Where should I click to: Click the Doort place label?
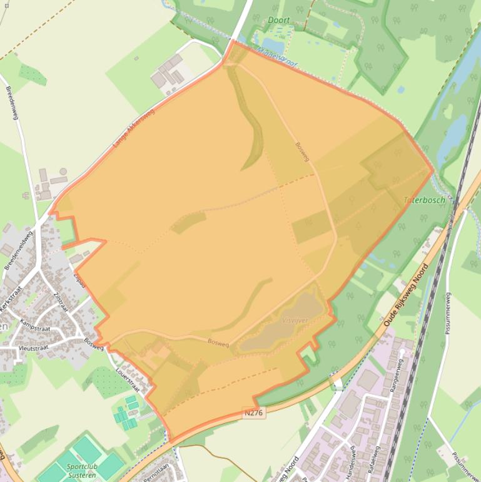[279, 20]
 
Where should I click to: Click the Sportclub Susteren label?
[80, 471]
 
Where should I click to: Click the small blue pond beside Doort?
[273, 45]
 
